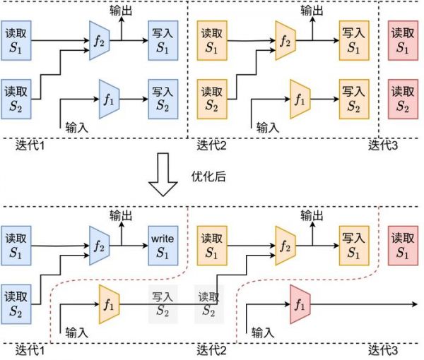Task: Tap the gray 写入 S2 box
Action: pyautogui.click(x=163, y=304)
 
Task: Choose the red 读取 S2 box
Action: pyautogui.click(x=402, y=98)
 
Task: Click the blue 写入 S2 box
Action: pyautogui.click(x=163, y=98)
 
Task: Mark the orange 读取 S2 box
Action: pyautogui.click(x=211, y=98)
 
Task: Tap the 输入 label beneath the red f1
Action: pyautogui.click(x=262, y=331)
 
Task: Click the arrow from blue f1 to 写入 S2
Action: pyautogui.click(x=134, y=98)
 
